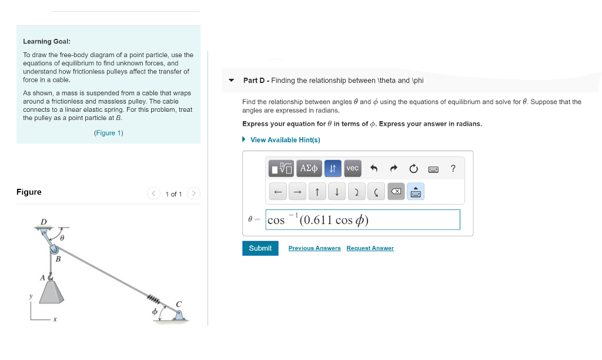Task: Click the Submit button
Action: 260,248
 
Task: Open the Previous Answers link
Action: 314,248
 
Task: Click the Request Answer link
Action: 370,248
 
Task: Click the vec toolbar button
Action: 352,169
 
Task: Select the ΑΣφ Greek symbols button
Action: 309,169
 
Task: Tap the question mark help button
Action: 453,169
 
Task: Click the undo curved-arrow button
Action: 373,169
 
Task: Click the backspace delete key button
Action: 396,192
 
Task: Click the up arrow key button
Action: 317,192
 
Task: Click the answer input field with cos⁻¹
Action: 362,220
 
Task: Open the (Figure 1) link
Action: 108,133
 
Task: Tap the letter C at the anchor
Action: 179,304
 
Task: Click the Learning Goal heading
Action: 46,42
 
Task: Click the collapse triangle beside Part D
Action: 231,81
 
